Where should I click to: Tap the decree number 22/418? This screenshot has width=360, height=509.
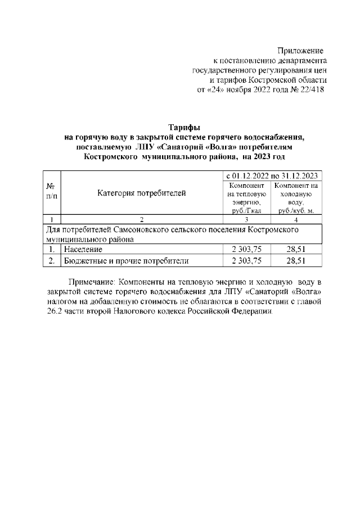pos(310,90)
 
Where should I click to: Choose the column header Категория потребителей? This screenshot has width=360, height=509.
pos(141,194)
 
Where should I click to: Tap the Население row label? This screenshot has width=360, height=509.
pos(83,249)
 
